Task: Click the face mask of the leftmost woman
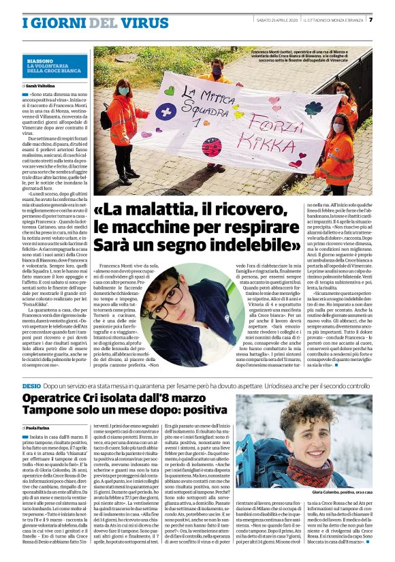pyautogui.click(x=124, y=91)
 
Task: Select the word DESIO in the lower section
pyautogui.click(x=32, y=386)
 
